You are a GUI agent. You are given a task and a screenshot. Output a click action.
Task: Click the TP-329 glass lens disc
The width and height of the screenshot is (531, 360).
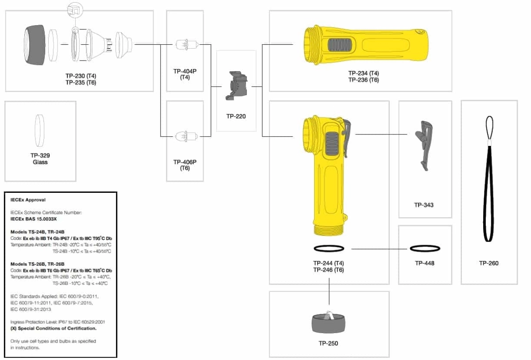point(40,130)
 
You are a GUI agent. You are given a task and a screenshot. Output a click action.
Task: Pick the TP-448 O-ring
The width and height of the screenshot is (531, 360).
point(425,249)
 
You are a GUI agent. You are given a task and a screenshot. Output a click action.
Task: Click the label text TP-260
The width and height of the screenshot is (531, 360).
point(489,263)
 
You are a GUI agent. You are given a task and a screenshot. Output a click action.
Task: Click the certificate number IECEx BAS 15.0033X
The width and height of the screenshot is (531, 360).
point(34,218)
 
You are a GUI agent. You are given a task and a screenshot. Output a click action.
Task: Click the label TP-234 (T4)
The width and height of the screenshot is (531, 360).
point(363,73)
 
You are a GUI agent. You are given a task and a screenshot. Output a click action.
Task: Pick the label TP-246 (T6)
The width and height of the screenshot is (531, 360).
point(328,270)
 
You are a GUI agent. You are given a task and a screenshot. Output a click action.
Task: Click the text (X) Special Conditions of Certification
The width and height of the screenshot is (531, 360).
point(53,329)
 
